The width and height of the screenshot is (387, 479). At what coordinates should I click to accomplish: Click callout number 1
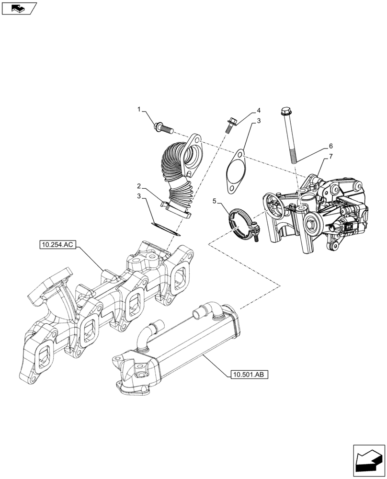139,110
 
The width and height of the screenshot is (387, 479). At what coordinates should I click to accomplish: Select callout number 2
138,185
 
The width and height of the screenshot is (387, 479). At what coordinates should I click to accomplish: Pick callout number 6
330,146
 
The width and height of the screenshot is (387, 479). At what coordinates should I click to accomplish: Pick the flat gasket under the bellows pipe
164,228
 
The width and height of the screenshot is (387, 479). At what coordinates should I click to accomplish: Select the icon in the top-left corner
19,8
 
